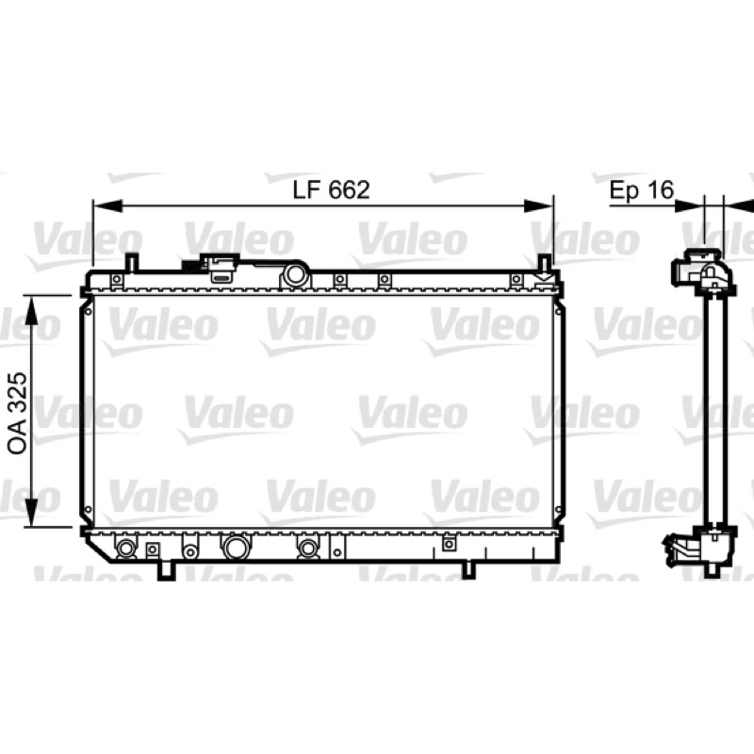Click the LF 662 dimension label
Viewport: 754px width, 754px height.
point(332,190)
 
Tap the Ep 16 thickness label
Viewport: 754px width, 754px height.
point(642,190)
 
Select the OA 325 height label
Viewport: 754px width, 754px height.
point(18,413)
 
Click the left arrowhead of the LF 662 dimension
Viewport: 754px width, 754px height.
point(107,205)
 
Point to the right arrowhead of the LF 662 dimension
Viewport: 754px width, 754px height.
point(538,205)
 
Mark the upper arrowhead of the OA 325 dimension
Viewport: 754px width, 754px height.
point(31,310)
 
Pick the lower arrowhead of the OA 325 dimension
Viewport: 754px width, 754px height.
point(31,513)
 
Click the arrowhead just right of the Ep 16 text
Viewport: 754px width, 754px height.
point(689,205)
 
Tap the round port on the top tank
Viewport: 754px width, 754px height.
point(294,275)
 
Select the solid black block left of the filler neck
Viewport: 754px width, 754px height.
point(191,266)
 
